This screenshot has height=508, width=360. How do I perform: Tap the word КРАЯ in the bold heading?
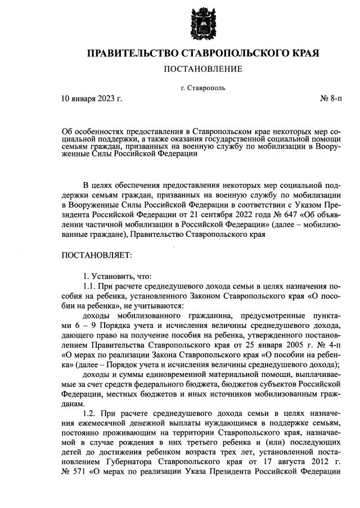coord(301,53)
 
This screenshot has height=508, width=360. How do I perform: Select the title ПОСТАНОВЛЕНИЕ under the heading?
coord(202,69)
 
